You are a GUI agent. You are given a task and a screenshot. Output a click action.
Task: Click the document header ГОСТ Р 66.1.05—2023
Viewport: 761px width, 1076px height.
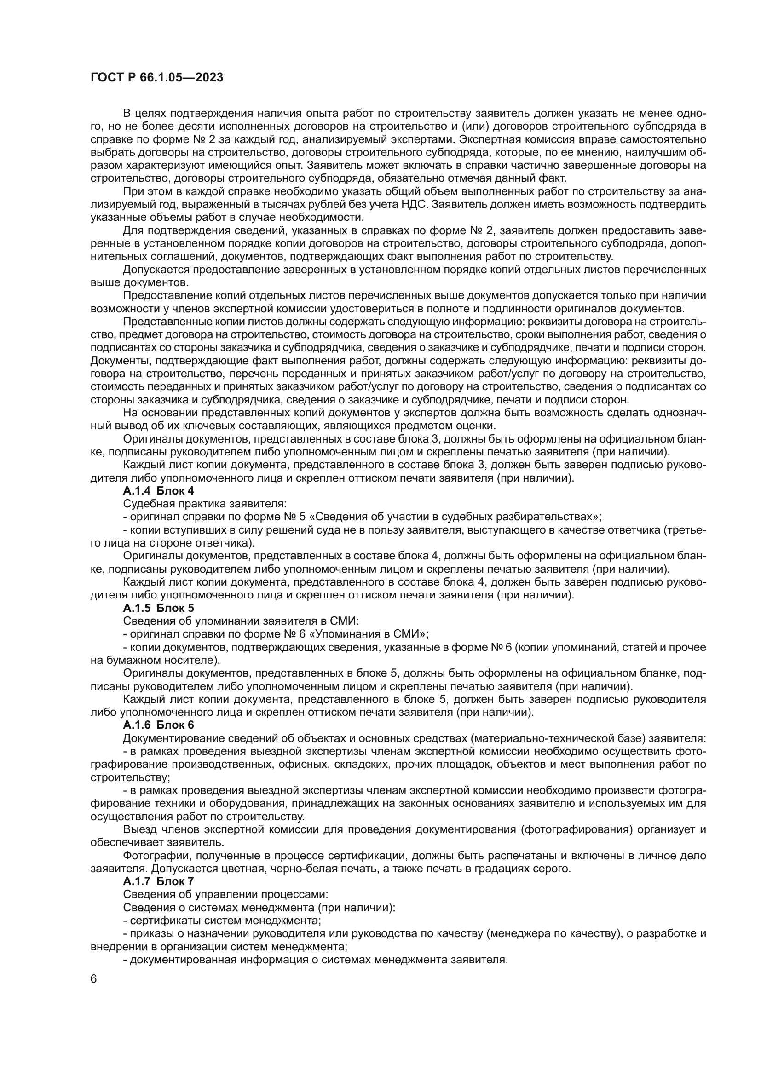click(x=156, y=78)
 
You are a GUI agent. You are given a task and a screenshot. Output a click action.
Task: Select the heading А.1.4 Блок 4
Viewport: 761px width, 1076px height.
click(x=158, y=491)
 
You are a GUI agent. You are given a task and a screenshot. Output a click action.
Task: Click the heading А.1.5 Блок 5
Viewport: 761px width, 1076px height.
click(x=158, y=608)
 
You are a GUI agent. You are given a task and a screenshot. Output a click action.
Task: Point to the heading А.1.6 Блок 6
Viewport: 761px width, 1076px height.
click(x=158, y=725)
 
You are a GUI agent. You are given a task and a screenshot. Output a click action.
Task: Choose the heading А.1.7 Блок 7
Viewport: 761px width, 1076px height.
click(x=158, y=881)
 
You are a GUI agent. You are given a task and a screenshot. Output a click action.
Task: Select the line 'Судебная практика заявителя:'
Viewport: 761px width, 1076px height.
click(x=204, y=504)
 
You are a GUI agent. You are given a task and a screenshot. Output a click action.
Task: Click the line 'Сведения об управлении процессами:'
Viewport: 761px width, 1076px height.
click(x=225, y=894)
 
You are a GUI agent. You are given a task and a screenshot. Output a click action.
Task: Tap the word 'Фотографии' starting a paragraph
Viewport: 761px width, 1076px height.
click(x=155, y=855)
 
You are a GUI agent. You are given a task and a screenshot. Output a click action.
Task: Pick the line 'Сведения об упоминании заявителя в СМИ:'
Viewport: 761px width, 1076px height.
click(x=240, y=621)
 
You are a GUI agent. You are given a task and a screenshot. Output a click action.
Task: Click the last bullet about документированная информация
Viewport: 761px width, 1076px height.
click(x=315, y=959)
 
